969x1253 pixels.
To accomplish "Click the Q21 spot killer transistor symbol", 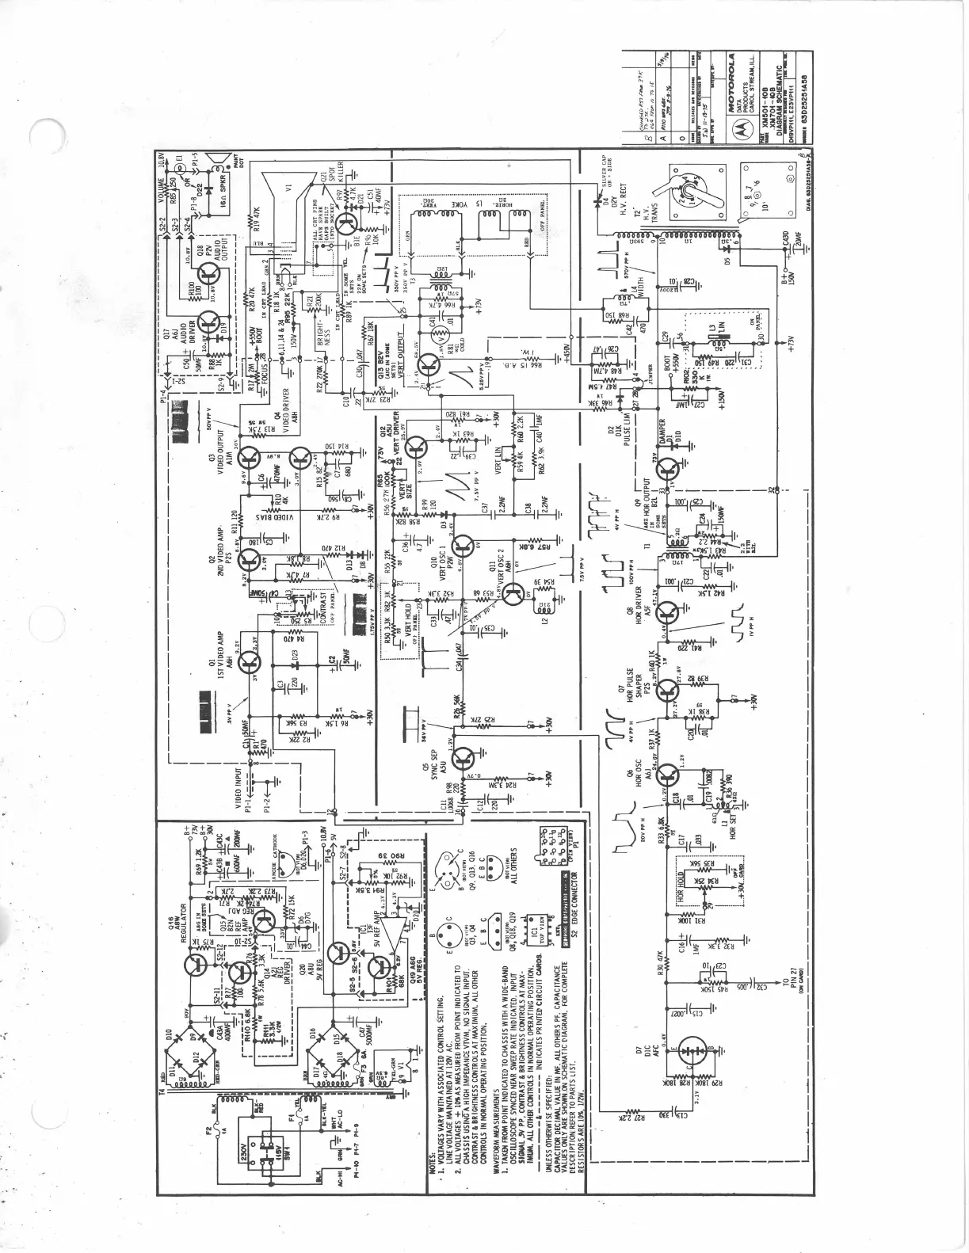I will (x=346, y=224).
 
